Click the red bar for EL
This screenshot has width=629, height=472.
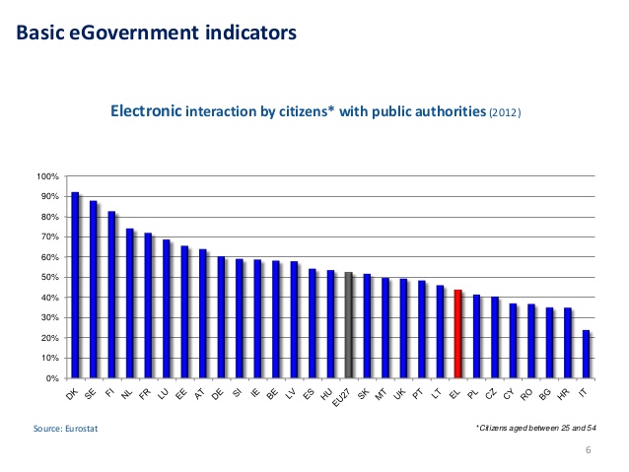coord(457,334)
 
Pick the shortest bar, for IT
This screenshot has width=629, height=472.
coord(586,354)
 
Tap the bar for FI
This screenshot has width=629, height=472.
coord(111,295)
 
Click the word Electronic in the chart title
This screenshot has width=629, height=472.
coord(145,112)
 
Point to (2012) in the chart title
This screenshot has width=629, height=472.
coord(504,114)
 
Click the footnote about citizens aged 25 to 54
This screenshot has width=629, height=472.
coord(536,429)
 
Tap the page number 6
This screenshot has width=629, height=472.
coord(588,450)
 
